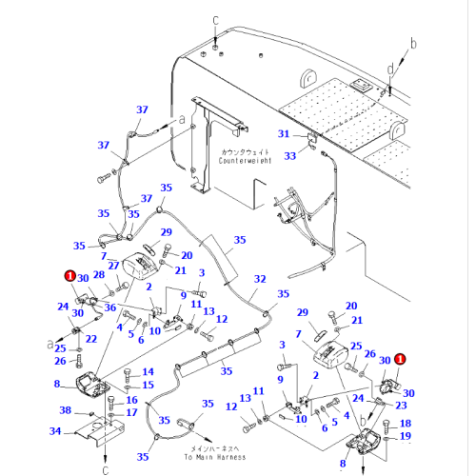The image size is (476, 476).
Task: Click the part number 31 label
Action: [282, 133]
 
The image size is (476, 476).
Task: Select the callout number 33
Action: [291, 155]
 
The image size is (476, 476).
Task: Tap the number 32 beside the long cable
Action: [259, 279]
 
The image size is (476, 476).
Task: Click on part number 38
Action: [65, 411]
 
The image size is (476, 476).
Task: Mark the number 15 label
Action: [148, 385]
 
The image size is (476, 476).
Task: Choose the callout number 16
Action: [132, 400]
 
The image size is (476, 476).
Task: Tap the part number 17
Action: [132, 413]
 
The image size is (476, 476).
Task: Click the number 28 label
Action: [99, 275]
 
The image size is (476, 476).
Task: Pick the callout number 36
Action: [110, 307]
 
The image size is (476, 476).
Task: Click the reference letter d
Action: [391, 69]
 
